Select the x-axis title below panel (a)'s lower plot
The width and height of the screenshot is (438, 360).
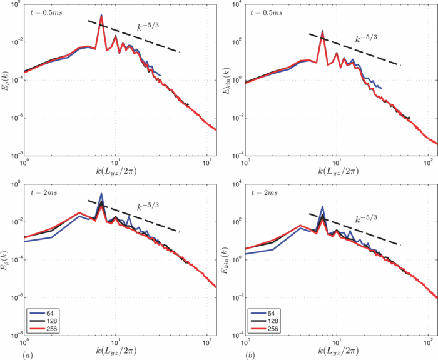pos(116,354)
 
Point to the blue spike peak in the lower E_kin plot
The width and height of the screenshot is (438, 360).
pos(322,207)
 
